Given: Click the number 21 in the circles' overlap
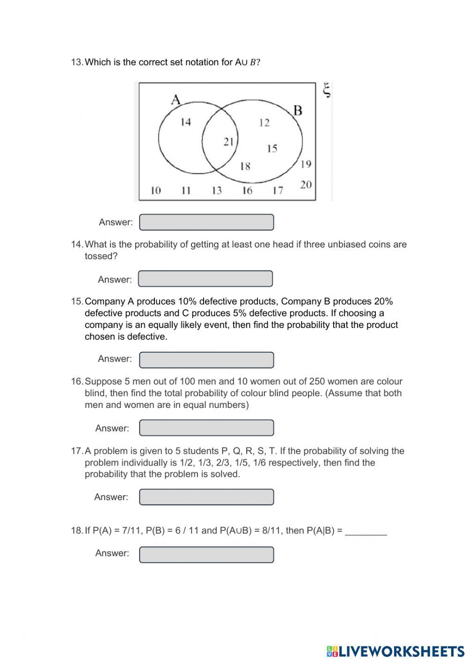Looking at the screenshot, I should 228,141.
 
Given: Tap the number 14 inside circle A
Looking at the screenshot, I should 186,122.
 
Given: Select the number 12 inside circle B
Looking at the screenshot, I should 264,123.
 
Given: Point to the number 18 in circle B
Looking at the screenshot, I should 245,166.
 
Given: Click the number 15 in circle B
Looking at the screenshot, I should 272,149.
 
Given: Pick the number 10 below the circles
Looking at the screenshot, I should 155,190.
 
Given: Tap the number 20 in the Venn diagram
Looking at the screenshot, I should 306,185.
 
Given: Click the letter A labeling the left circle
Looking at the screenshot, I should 175,100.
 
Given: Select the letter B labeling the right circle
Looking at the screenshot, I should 298,110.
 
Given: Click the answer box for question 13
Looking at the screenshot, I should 206,222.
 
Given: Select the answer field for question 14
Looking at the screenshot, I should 205,279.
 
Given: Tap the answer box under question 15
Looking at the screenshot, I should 206,360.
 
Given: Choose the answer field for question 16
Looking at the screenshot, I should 206,428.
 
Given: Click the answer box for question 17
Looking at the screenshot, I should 206,497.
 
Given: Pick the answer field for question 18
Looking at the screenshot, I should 206,554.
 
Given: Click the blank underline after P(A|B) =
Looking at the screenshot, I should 366,531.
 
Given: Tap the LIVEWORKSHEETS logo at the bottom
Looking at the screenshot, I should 395,651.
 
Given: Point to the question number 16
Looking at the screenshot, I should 77,382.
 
